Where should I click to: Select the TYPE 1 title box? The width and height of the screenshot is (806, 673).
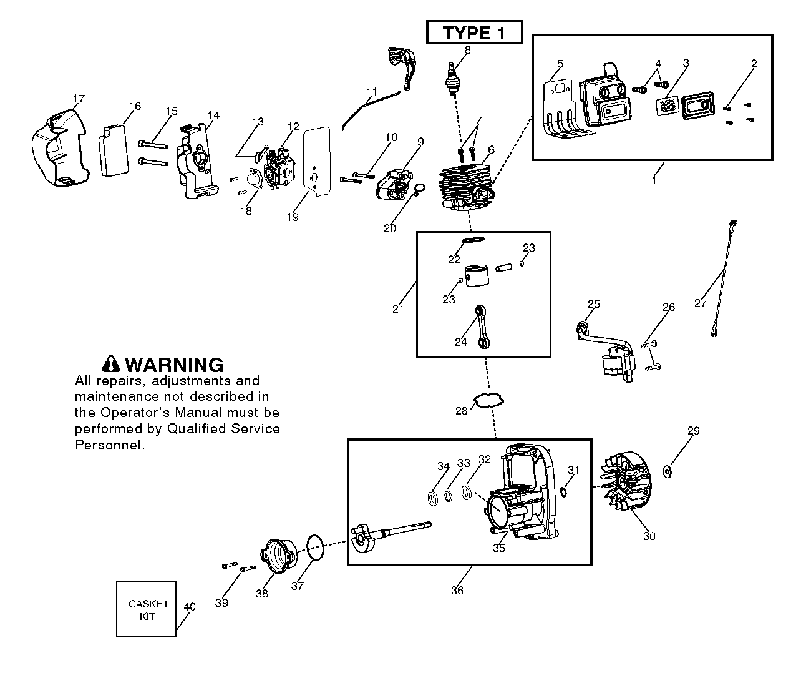pos(474,32)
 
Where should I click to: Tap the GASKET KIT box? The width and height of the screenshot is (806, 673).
pos(147,609)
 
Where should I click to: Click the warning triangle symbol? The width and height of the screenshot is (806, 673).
pos(111,364)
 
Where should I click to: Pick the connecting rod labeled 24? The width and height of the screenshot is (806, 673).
pos(480,327)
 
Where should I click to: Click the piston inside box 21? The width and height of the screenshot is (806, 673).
pos(477,275)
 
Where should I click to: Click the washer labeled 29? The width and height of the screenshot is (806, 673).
pos(668,472)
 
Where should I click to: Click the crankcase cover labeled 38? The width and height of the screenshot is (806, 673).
pos(279,556)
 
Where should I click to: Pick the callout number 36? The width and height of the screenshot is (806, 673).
pos(457,591)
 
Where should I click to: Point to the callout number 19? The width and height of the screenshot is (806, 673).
pos(293,217)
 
